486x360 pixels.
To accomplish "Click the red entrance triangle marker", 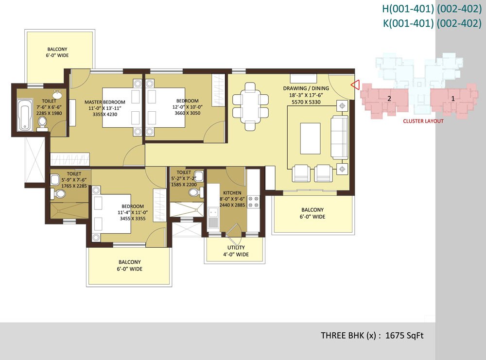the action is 356,85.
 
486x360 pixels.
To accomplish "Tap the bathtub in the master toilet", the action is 25,115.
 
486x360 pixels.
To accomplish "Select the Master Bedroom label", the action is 105,102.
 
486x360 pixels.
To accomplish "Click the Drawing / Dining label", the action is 306,88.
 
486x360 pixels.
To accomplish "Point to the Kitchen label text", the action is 232,193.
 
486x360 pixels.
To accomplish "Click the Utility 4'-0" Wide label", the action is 236,251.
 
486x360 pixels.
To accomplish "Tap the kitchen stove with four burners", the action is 253,202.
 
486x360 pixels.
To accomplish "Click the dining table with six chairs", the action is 250,106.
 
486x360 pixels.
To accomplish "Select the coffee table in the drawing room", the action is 310,138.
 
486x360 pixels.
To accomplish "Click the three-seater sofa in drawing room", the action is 339,137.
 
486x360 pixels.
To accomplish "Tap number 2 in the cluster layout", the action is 389,99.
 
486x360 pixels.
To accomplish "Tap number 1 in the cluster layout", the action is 453,99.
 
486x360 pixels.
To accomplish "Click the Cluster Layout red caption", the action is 423,121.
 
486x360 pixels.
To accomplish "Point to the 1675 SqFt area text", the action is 404,336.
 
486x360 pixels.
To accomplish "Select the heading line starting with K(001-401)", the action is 433,23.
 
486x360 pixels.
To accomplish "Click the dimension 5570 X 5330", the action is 306,102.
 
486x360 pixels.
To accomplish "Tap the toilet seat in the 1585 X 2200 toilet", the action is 194,193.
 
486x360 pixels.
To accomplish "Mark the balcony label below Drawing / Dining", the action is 312,213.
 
